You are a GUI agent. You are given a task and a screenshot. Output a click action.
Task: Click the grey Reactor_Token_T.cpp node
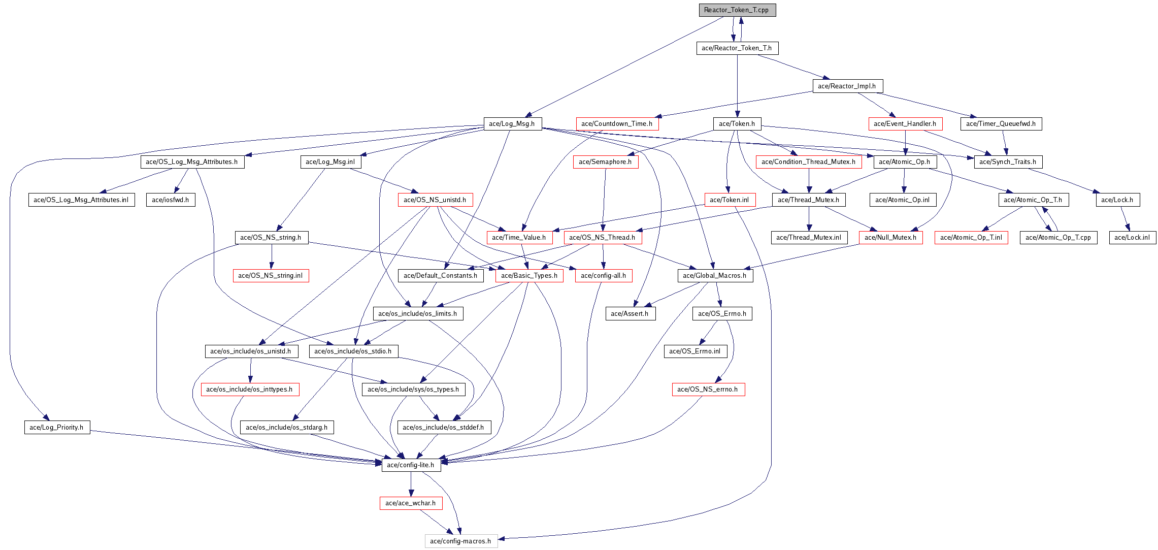(x=737, y=10)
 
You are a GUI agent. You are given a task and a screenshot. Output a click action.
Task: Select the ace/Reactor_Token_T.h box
(x=737, y=48)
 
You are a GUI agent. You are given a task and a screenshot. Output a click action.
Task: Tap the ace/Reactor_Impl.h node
(x=847, y=86)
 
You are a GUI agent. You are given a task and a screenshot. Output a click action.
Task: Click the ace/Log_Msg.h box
(x=512, y=124)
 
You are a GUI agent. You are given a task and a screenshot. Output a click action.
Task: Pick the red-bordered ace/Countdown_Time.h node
(x=617, y=124)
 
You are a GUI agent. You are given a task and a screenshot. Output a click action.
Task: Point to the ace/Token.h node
(x=737, y=124)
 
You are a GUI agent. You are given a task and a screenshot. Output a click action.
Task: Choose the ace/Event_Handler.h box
(x=905, y=124)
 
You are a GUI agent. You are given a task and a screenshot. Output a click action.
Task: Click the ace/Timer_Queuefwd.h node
(x=1001, y=124)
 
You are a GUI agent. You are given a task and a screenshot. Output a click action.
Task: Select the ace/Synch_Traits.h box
(x=1008, y=162)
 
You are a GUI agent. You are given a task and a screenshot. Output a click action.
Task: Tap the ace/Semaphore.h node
(x=605, y=162)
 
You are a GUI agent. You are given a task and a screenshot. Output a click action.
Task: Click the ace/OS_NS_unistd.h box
(x=435, y=200)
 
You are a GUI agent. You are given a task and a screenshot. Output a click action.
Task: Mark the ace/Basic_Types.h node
(x=529, y=276)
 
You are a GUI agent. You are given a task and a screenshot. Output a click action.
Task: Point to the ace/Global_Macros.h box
(x=715, y=276)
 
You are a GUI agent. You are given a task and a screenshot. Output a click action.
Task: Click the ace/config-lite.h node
(x=411, y=465)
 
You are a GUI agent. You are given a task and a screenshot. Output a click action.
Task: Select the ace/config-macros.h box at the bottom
(x=460, y=541)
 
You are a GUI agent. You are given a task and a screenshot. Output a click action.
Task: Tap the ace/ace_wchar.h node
(x=411, y=503)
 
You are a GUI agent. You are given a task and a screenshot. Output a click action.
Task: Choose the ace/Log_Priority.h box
(x=56, y=428)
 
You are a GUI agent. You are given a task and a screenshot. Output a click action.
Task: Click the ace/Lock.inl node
(x=1132, y=238)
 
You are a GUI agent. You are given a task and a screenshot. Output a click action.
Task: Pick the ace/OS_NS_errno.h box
(x=708, y=390)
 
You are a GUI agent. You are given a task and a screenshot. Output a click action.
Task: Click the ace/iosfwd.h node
(x=171, y=200)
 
